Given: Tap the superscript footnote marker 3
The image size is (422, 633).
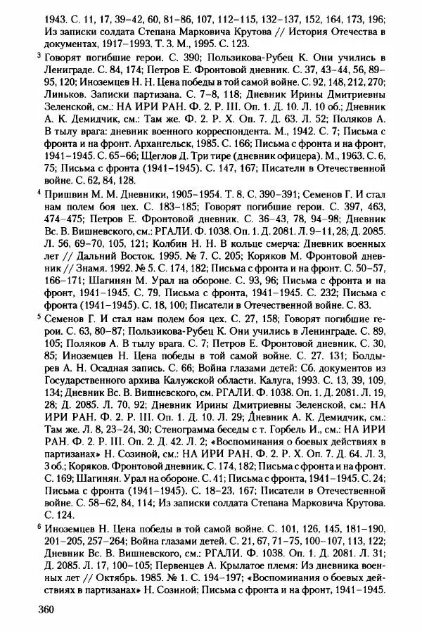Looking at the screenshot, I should point(39,53).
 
